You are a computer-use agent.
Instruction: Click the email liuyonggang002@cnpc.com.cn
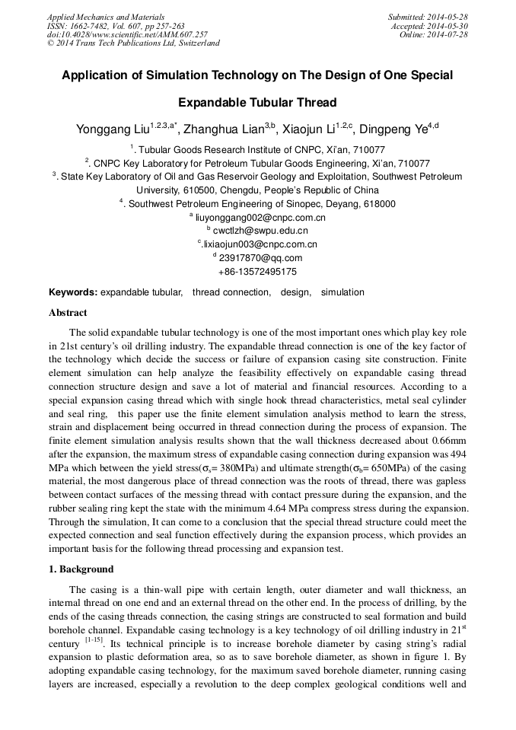tap(260, 218)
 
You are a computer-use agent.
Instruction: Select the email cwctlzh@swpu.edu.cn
tap(260, 231)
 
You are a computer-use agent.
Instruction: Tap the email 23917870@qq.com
tap(260, 258)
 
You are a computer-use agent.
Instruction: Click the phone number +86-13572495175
tap(257, 272)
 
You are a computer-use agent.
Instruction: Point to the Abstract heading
tap(68, 313)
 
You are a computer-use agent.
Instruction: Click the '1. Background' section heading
tap(81, 569)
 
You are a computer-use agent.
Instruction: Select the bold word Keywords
tap(72, 292)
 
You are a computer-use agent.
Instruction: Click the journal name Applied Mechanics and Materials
tap(105, 17)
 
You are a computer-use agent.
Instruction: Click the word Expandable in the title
tap(213, 102)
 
